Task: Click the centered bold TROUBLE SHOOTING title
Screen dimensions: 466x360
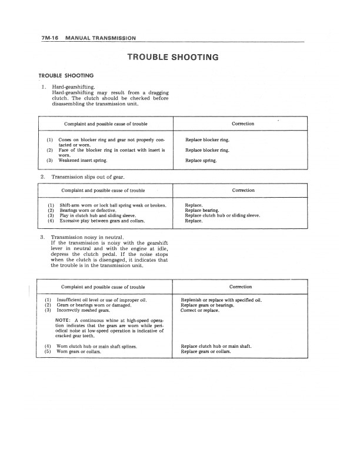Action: coord(173,57)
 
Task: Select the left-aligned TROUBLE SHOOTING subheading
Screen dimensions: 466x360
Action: coord(66,75)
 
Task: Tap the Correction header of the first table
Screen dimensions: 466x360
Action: coord(243,124)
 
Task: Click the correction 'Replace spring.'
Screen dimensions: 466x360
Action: coord(201,160)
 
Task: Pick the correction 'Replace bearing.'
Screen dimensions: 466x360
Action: coord(202,210)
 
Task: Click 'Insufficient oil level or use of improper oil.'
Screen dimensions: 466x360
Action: coord(102,300)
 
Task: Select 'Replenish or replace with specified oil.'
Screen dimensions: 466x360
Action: coord(221,300)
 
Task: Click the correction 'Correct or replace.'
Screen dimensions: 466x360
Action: coord(200,310)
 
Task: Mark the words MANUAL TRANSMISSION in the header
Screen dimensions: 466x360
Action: coord(101,38)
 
